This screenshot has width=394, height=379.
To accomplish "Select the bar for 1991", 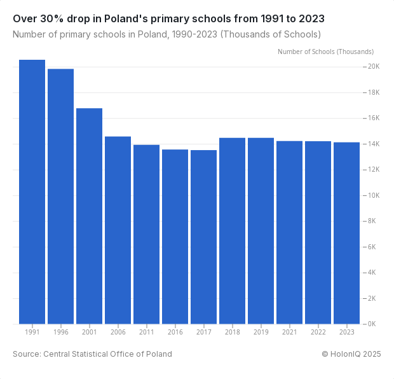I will (32, 191).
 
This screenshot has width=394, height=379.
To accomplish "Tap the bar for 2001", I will (89, 216).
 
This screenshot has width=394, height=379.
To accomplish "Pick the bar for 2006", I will (118, 230).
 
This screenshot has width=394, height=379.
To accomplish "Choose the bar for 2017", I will (203, 237).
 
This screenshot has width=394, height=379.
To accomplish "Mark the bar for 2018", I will (232, 230).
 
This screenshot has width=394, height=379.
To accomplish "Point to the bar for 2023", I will (346, 233).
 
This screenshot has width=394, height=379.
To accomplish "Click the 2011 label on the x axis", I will (146, 332).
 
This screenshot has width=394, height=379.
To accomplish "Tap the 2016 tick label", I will (175, 332).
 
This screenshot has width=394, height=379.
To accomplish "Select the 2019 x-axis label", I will (261, 332).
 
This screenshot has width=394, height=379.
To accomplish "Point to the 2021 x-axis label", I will (289, 332).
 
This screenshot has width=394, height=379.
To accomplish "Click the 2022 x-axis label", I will (318, 332).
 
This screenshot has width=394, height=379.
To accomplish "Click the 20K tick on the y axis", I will (372, 67).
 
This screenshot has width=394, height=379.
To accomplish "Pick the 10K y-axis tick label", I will (372, 195).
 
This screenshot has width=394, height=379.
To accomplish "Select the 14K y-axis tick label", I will (372, 144).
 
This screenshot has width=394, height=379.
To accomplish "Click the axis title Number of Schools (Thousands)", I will (325, 52).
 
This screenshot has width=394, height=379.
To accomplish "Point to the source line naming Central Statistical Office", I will (92, 354).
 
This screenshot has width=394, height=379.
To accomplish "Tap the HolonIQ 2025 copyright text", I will (351, 354).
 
